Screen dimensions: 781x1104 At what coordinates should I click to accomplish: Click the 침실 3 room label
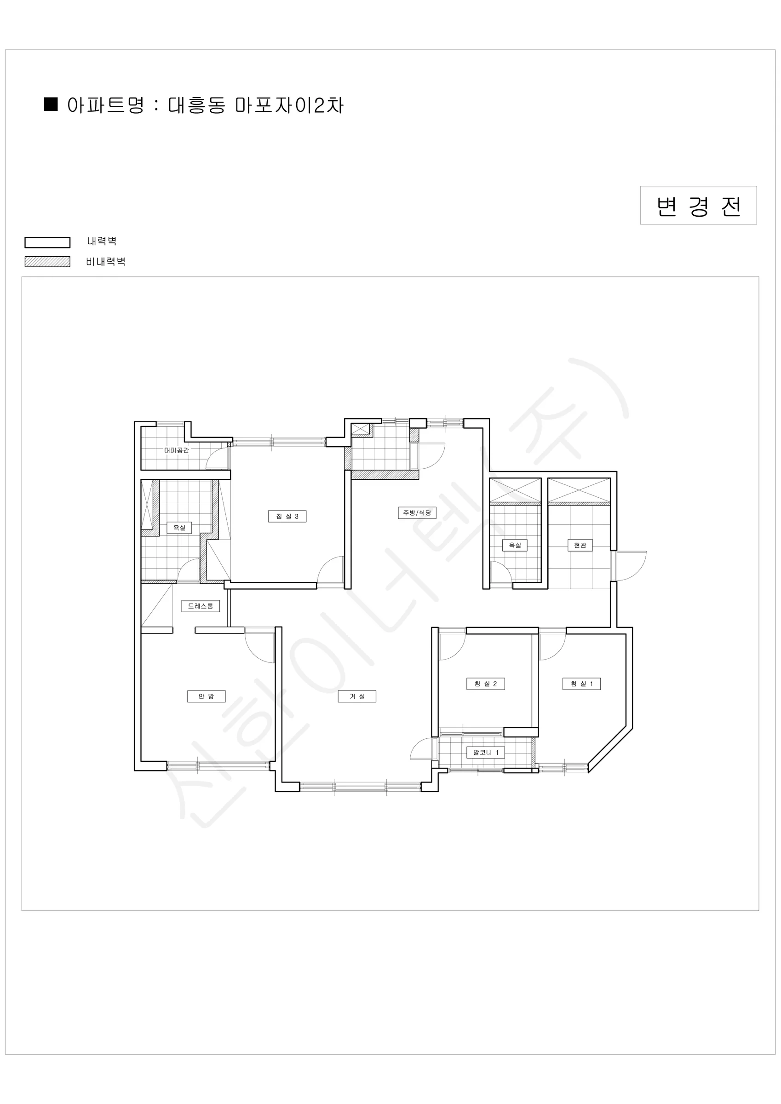click(x=287, y=516)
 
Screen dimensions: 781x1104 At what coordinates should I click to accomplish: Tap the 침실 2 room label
click(x=485, y=683)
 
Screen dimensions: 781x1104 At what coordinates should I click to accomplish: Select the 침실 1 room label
click(x=581, y=683)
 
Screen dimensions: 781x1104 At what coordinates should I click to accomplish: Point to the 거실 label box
click(x=357, y=696)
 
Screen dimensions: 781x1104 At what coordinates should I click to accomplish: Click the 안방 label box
click(x=207, y=696)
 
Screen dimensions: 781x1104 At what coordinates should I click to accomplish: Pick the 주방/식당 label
click(x=417, y=512)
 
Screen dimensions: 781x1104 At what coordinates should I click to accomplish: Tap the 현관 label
click(x=580, y=545)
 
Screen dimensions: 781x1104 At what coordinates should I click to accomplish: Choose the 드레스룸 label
click(x=201, y=606)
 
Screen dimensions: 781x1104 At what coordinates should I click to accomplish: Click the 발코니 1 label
click(x=486, y=752)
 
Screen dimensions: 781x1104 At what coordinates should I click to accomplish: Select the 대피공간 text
click(x=177, y=450)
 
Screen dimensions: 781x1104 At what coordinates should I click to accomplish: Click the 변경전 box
click(x=698, y=205)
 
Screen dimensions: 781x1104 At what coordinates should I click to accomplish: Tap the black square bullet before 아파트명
click(x=51, y=104)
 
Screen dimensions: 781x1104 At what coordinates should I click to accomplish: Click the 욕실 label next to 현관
click(x=515, y=545)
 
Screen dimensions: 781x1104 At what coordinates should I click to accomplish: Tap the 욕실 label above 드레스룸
click(x=179, y=528)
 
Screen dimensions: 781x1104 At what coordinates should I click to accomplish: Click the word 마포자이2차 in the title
click(x=289, y=105)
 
